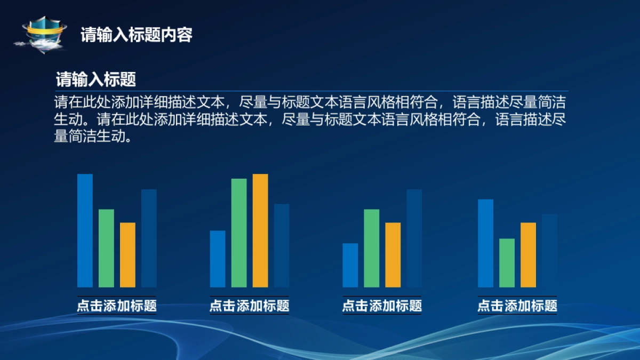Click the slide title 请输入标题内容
[x=137, y=35]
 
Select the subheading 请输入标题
[x=95, y=79]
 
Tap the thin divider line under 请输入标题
[x=311, y=91]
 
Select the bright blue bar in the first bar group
[x=85, y=230]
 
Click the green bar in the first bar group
[x=106, y=249]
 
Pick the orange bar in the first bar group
[x=127, y=255]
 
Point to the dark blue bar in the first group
[x=149, y=238]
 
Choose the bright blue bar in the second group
[x=218, y=259]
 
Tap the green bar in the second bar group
[x=239, y=233]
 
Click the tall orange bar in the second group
[x=260, y=230]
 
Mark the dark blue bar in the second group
[x=282, y=246]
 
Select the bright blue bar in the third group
[x=350, y=265]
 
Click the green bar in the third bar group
[x=372, y=249]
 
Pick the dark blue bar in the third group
[x=414, y=238]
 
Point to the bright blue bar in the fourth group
[x=486, y=243]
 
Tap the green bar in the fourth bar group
[x=507, y=263]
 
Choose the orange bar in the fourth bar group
[x=529, y=255]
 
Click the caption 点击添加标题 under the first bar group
[x=117, y=306]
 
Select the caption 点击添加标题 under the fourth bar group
[x=517, y=306]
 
